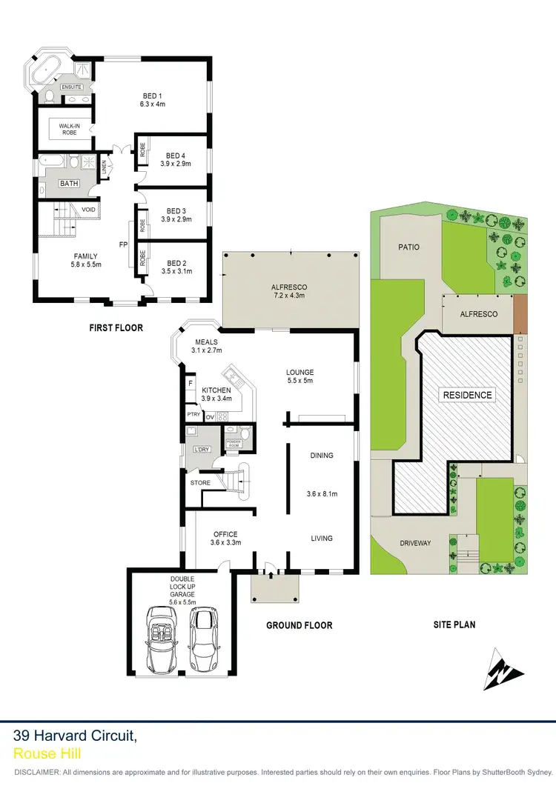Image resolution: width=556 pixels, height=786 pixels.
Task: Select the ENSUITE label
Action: [x=71, y=87]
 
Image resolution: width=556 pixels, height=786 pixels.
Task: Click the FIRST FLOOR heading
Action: [x=115, y=327]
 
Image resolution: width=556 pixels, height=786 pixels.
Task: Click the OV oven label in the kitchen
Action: [x=208, y=416]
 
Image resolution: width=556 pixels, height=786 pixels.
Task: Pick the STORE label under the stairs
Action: [x=200, y=483]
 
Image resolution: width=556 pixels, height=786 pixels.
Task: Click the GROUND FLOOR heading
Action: [x=299, y=625]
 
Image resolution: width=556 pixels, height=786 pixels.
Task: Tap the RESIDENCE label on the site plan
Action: [x=468, y=395]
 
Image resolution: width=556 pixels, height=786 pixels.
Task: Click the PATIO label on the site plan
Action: [x=408, y=247]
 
